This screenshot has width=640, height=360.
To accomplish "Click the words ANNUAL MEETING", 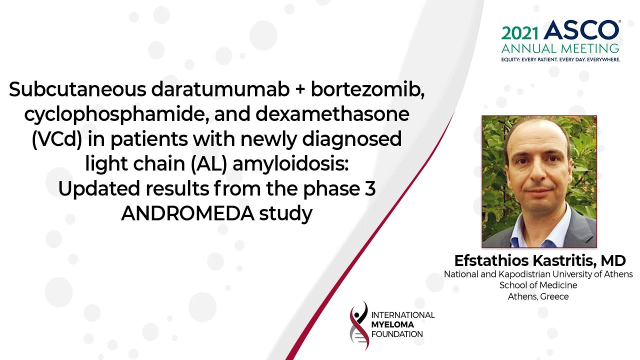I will point(560,48).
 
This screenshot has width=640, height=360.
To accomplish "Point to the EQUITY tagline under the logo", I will point(560,59).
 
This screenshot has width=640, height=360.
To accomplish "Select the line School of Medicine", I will point(538,285).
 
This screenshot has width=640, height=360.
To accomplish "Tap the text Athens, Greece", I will point(538,296).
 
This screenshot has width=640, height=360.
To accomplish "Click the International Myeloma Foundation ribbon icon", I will point(359,325).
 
